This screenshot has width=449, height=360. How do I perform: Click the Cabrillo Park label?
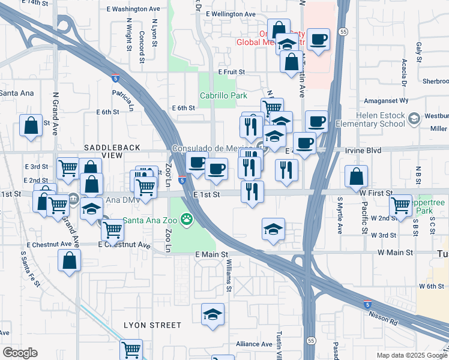[223, 95]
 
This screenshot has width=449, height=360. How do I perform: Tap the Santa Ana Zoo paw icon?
[187, 220]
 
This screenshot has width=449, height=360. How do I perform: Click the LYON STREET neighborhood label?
[152, 325]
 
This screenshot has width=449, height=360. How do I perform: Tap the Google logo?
[20, 353]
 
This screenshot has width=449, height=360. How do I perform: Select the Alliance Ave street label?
[254, 344]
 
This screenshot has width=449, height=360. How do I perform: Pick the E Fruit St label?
[232, 72]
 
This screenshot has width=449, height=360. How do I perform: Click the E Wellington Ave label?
[231, 14]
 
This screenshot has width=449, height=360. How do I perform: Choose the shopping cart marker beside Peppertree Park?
[400, 205]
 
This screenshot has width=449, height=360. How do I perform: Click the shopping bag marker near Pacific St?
[357, 176]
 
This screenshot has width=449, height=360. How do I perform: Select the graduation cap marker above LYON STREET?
[212, 314]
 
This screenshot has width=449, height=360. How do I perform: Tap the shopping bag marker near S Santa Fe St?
[70, 260]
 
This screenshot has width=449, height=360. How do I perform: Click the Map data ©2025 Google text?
[411, 355]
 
